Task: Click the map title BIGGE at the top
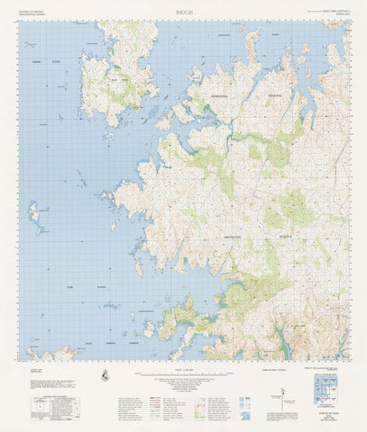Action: point(184,13)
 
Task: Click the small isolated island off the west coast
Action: point(34,212)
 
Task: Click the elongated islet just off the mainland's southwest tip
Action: point(138,267)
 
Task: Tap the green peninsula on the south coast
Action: point(180,315)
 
